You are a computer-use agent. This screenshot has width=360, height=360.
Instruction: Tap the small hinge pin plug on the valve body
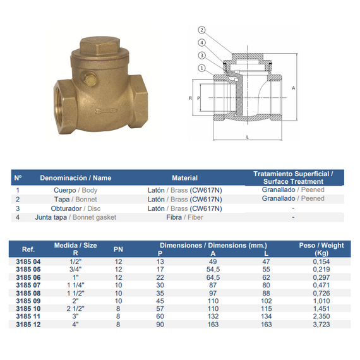pyautogui.click(x=89, y=78)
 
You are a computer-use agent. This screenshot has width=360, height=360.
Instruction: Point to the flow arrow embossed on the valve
pyautogui.click(x=106, y=111)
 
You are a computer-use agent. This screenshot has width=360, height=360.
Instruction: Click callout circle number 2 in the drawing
pyautogui.click(x=201, y=30)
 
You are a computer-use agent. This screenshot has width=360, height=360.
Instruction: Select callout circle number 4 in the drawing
pyautogui.click(x=201, y=43)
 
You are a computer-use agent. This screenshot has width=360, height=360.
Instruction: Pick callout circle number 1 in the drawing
pyautogui.click(x=201, y=68)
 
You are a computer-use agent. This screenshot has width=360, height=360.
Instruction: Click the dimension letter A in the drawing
pyautogui.click(x=293, y=88)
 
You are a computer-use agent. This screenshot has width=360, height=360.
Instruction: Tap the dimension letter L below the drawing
pyautogui.click(x=248, y=137)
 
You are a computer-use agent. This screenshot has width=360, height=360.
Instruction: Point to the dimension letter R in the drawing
pyautogui.click(x=190, y=98)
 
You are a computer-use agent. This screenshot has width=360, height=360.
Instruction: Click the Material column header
pyautogui.click(x=185, y=178)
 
